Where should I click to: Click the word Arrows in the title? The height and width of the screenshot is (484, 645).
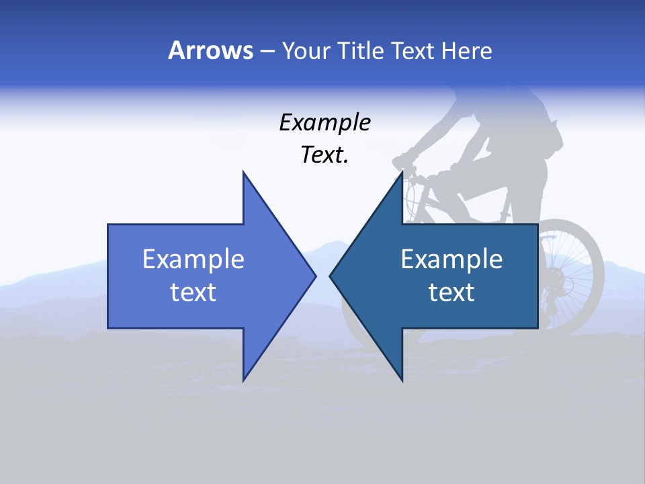(x=210, y=50)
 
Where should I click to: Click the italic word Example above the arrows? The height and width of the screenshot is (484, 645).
(x=325, y=122)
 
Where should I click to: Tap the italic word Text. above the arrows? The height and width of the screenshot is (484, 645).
(x=325, y=155)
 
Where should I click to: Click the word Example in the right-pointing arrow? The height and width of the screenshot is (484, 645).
(x=193, y=259)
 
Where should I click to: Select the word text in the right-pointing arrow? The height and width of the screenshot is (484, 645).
(x=193, y=292)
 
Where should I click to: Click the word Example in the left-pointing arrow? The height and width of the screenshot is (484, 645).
(x=451, y=259)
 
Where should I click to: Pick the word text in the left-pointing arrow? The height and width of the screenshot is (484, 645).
(x=451, y=292)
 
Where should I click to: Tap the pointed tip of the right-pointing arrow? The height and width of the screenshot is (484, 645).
(x=315, y=275)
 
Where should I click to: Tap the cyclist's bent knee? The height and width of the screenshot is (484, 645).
(x=443, y=180)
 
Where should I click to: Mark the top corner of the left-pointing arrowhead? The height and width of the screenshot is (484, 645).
(x=402, y=172)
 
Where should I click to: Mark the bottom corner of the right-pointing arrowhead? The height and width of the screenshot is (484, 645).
(x=243, y=380)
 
